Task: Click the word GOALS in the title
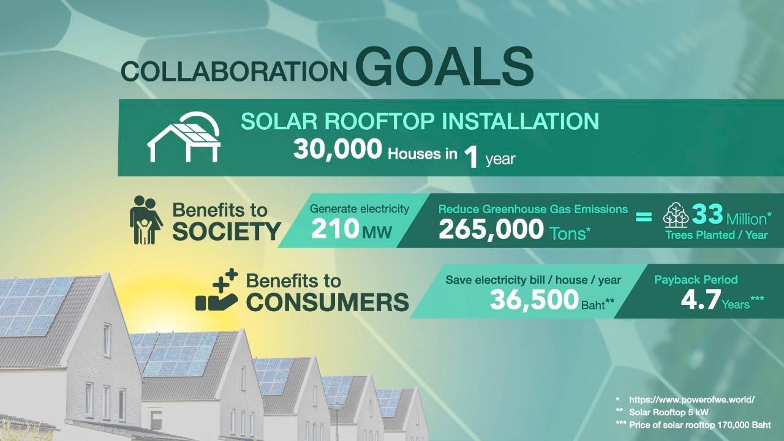[445, 67]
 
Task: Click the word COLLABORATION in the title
[234, 72]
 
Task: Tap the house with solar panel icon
[184, 137]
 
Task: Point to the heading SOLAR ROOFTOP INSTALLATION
[420, 121]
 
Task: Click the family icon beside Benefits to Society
[146, 220]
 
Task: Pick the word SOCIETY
[227, 232]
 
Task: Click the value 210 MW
[352, 230]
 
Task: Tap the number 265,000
[491, 230]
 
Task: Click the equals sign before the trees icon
[644, 217]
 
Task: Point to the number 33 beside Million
[707, 214]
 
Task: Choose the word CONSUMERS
[328, 302]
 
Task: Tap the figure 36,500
[534, 300]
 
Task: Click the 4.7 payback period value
[701, 300]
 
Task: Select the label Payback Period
[696, 280]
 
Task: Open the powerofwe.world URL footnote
[692, 400]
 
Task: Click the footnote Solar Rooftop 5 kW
[668, 412]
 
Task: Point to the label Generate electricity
[360, 209]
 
